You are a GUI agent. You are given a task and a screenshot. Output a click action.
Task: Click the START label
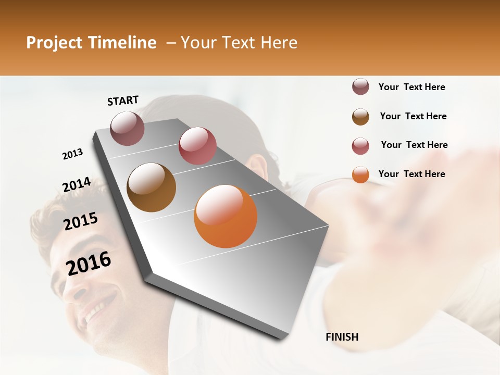(x=123, y=101)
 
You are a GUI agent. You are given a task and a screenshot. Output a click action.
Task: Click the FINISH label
(x=342, y=337)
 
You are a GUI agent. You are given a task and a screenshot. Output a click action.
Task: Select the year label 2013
(x=72, y=154)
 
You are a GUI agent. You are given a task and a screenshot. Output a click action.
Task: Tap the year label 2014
(x=77, y=185)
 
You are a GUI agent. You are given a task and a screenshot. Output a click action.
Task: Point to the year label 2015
(x=81, y=222)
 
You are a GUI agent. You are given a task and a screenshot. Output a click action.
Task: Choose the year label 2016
(x=89, y=264)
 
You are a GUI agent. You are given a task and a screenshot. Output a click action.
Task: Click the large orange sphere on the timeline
(x=226, y=216)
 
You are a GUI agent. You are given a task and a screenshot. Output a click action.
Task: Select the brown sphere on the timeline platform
(x=151, y=187)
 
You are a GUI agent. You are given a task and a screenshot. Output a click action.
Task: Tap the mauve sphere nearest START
(x=128, y=129)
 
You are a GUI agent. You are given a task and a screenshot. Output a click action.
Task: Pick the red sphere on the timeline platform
(x=197, y=146)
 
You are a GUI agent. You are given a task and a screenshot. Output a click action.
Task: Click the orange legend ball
(x=360, y=174)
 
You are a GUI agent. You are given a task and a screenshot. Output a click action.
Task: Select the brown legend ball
(x=360, y=117)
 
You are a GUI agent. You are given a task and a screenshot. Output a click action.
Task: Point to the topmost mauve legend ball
(x=360, y=87)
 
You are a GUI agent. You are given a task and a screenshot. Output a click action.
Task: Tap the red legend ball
(x=360, y=146)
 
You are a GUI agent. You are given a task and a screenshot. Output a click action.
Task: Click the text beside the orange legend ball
(x=411, y=174)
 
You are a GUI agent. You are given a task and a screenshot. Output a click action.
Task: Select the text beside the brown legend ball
(x=413, y=116)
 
